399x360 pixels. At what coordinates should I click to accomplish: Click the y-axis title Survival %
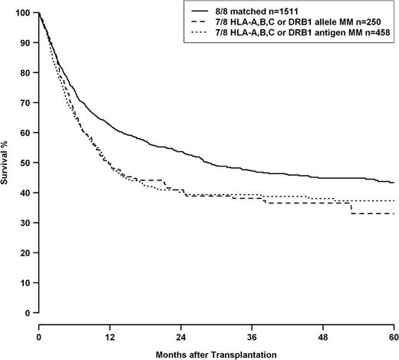pyautogui.click(x=7, y=163)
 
